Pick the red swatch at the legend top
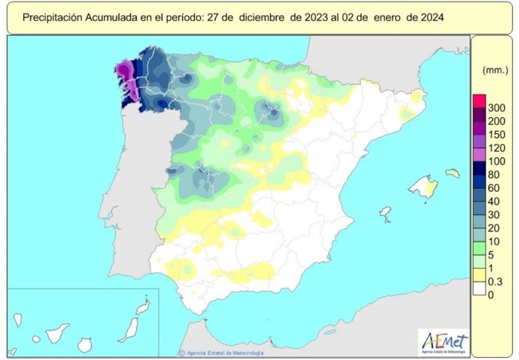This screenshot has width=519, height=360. [x=478, y=100]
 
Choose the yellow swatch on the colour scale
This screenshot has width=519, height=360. [x=478, y=274]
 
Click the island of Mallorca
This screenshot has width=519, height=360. [x=423, y=186]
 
